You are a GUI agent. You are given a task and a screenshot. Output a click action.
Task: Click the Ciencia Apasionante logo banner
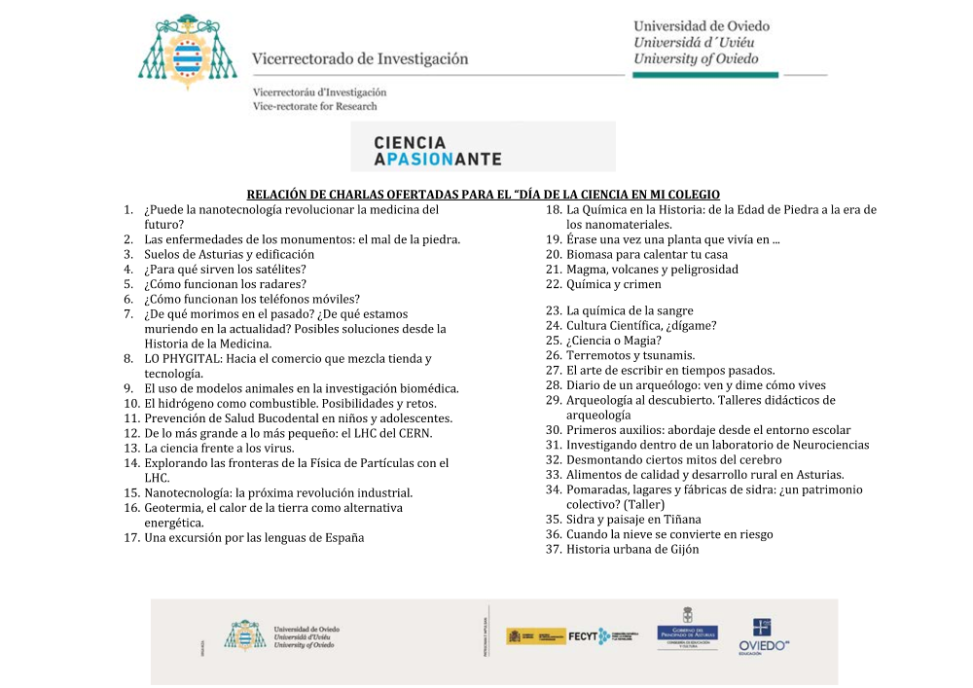484,147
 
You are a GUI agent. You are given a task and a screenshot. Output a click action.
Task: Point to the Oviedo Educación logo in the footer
762,636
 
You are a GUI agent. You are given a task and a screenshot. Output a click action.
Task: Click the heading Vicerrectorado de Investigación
360,58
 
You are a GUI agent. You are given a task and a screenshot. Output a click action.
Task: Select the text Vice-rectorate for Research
314,106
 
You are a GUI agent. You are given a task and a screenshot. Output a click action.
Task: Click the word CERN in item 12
414,433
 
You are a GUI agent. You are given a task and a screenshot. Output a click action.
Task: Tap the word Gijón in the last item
680,550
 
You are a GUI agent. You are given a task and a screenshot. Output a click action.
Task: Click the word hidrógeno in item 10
200,404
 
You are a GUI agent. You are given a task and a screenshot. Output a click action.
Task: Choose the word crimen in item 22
640,285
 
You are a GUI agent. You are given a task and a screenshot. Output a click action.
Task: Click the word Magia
642,341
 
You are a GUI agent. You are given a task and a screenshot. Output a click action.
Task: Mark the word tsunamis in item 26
667,356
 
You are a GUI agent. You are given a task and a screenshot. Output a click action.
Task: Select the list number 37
553,550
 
